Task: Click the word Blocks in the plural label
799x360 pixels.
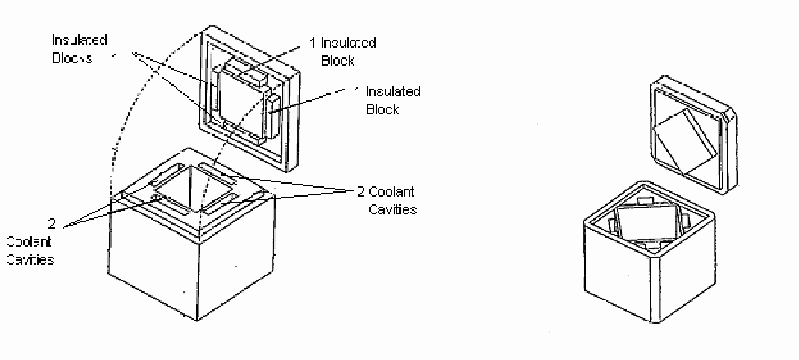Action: [72, 58]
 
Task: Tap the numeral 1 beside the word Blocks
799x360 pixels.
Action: [115, 58]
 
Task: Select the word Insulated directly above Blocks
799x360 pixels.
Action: [79, 40]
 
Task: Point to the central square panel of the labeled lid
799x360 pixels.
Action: [241, 100]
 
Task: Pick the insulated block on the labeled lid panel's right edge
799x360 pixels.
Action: [272, 116]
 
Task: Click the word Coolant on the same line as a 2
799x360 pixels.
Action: [390, 192]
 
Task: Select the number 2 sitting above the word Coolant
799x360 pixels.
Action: [52, 224]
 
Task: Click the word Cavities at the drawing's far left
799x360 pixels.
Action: [30, 259]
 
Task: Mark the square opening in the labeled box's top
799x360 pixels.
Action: [193, 189]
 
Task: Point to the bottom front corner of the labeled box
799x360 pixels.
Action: [197, 320]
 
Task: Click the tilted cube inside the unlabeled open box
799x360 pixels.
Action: [646, 221]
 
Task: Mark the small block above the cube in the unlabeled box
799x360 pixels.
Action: [644, 198]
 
